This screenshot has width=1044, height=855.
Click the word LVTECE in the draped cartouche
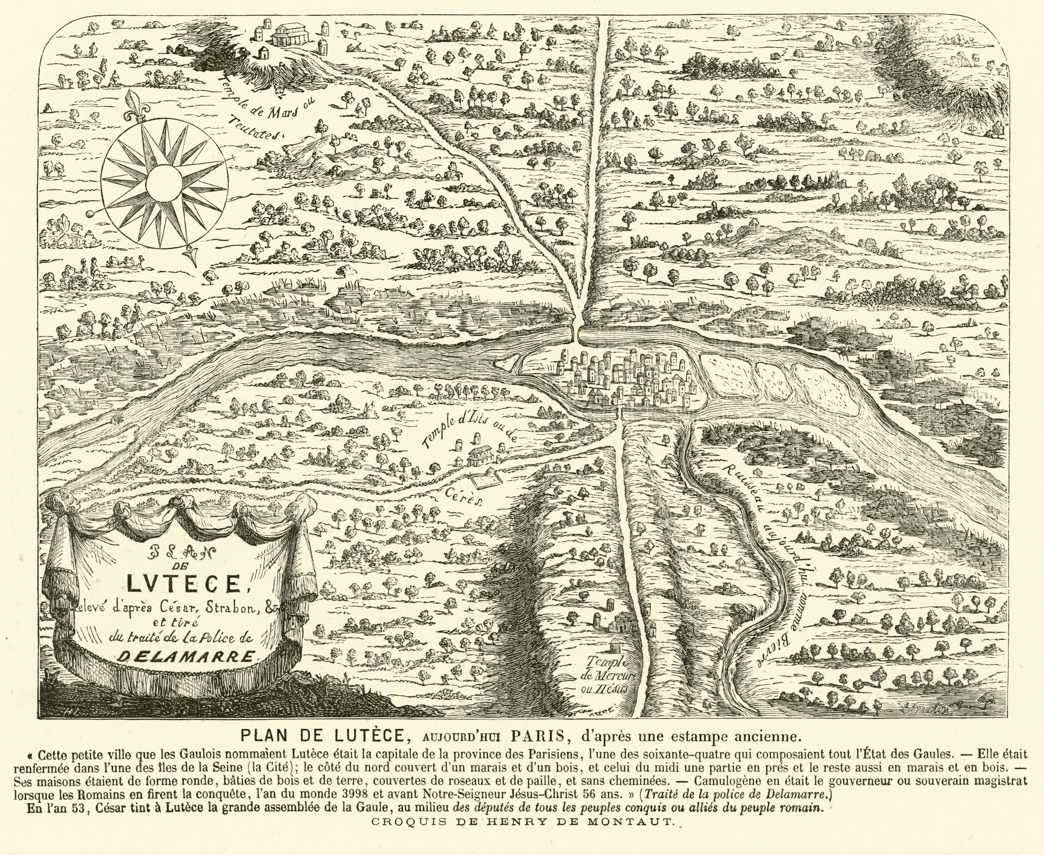point(182,583)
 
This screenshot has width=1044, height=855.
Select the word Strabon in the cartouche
point(231,608)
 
